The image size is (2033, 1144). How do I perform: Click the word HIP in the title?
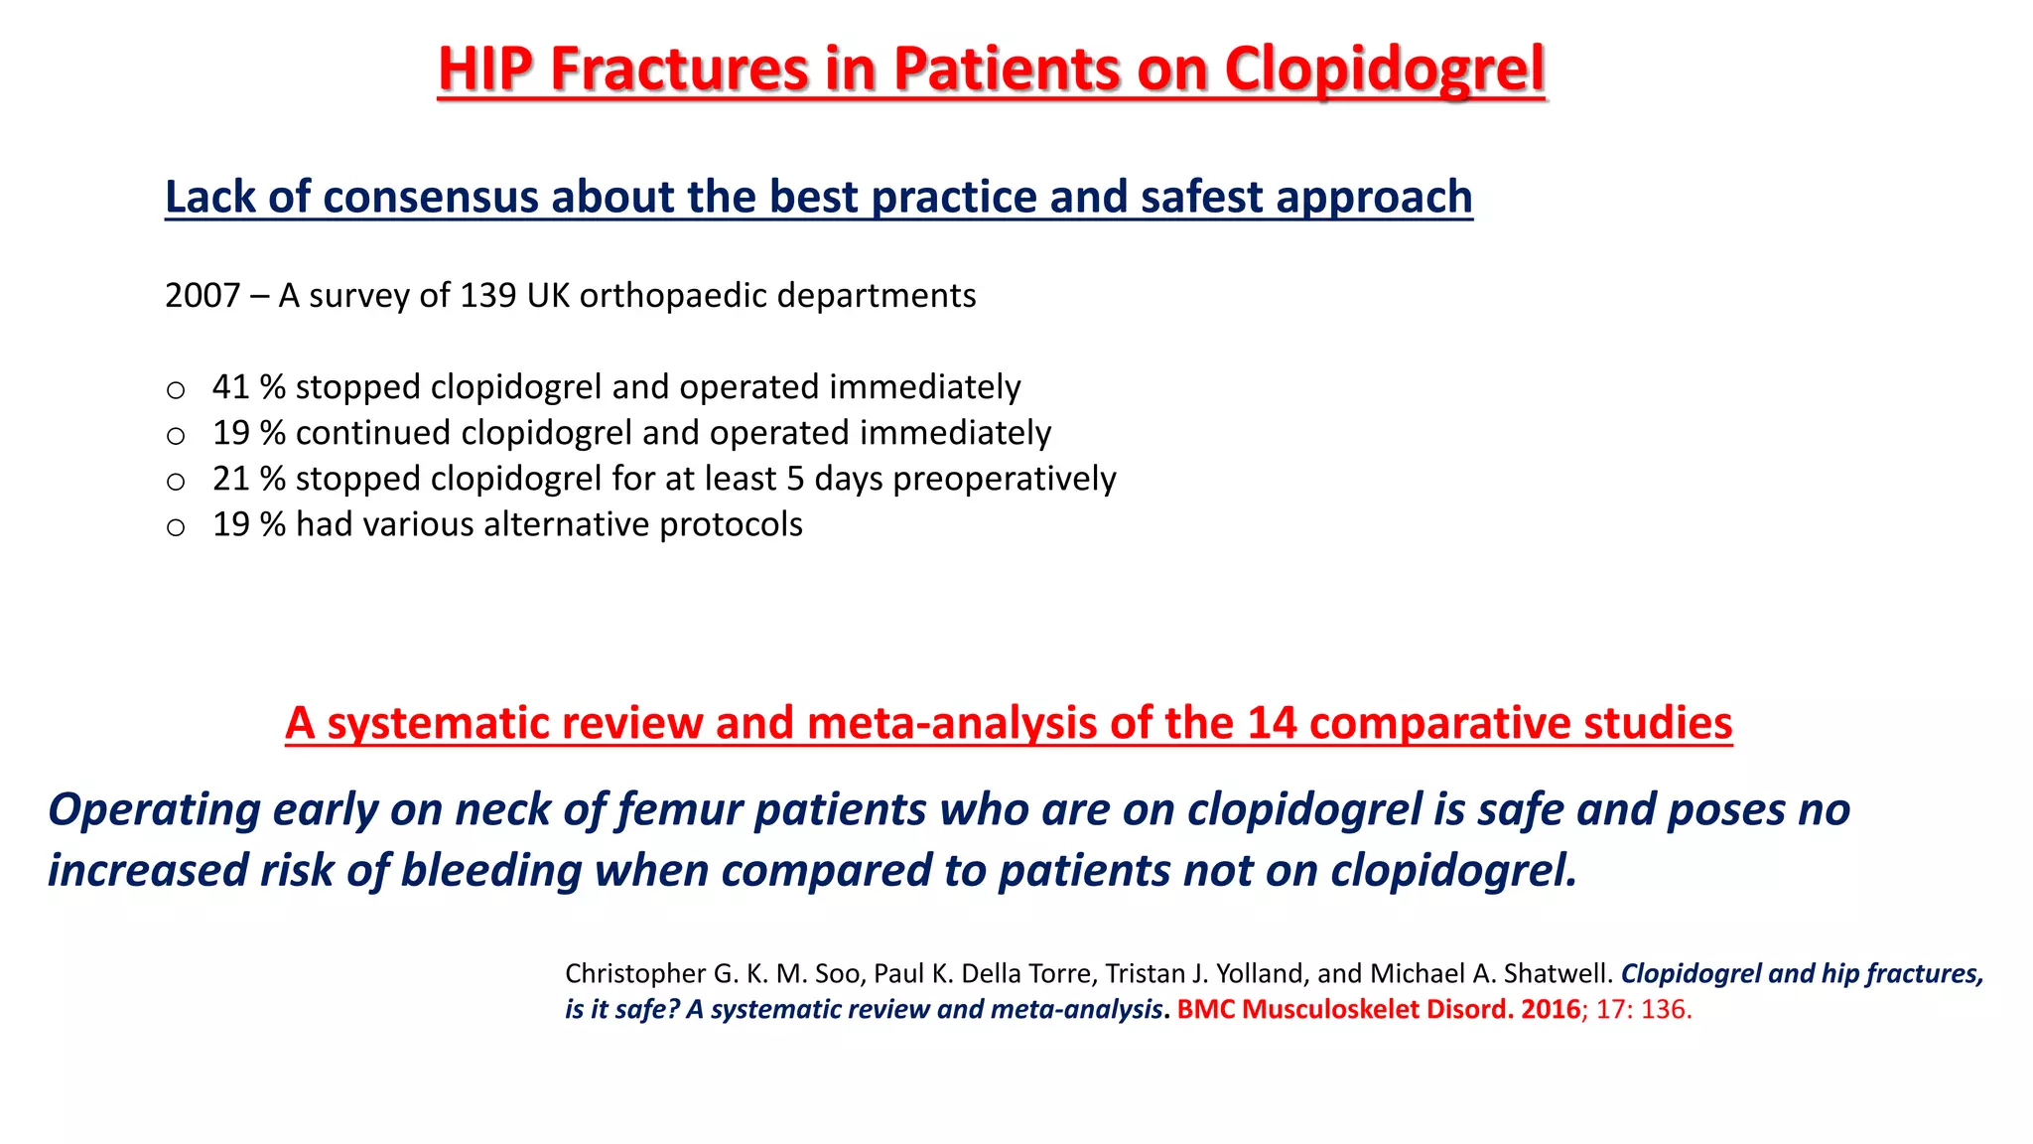point(485,70)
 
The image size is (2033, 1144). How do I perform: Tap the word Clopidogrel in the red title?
point(1384,70)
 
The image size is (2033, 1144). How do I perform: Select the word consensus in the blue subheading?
point(431,197)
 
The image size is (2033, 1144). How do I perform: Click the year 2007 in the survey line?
point(203,296)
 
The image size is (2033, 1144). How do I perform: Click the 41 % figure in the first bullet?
point(249,387)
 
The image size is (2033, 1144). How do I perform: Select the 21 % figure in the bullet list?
point(249,479)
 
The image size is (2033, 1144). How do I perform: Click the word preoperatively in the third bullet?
point(1005,479)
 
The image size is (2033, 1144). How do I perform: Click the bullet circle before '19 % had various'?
point(176,527)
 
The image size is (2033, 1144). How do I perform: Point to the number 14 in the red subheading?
point(1272,723)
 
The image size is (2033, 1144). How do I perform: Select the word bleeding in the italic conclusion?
point(490,871)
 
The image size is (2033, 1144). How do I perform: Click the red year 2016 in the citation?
point(1551,1010)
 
